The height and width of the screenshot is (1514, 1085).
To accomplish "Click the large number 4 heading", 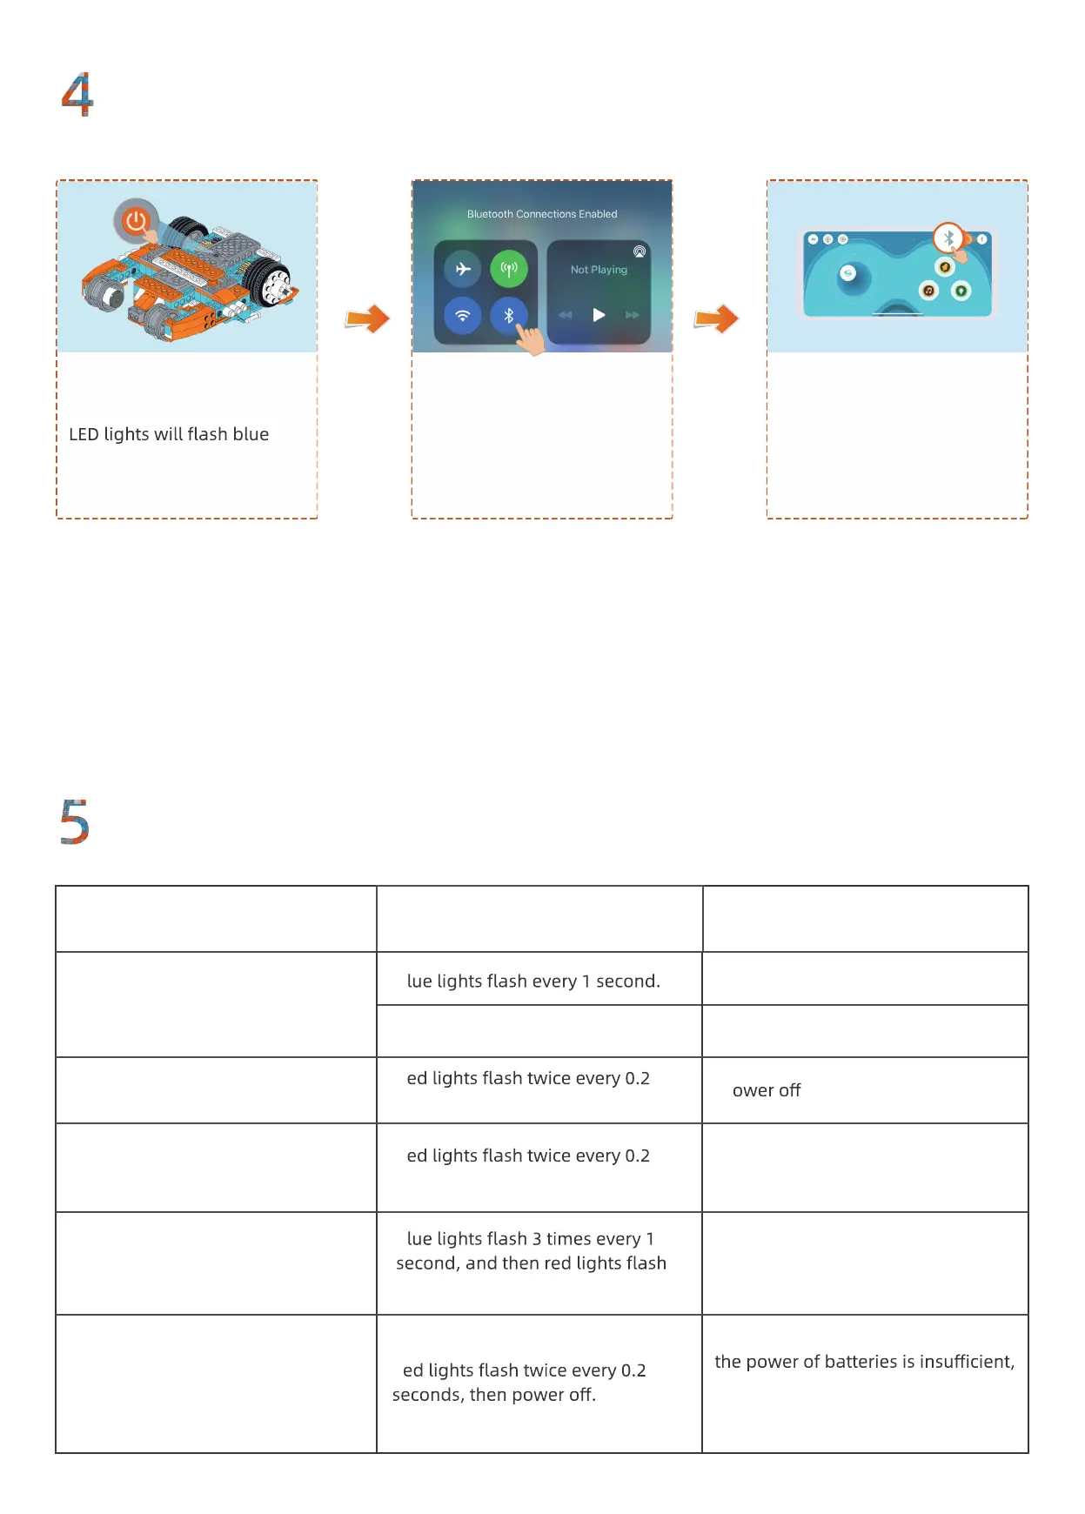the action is [x=77, y=94].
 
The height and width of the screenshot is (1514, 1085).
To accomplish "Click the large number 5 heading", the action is [x=75, y=822].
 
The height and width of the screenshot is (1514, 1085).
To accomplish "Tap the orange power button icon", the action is [x=135, y=221].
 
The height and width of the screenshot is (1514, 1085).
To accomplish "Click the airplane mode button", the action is [x=463, y=269].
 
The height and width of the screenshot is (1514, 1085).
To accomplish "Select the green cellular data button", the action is [x=509, y=269].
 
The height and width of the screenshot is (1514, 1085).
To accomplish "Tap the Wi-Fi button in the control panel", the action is [x=463, y=315].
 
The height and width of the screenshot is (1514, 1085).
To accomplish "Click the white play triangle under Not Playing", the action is [x=599, y=315].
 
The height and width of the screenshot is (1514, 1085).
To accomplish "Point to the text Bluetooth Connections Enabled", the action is [x=542, y=214].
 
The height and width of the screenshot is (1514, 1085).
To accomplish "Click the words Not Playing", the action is [x=599, y=270].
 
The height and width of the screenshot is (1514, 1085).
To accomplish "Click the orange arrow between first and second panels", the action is [x=367, y=318].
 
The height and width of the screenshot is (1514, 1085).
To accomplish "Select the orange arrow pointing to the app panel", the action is [x=716, y=318].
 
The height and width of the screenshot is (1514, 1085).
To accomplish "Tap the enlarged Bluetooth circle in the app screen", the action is [x=948, y=238].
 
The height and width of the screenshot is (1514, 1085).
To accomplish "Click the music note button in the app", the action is [x=928, y=291].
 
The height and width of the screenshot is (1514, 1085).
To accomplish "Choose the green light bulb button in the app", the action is [x=961, y=291].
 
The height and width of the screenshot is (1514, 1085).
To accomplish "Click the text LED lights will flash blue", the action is [x=169, y=434].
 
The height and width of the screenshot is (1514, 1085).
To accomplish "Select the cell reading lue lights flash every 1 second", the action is [x=533, y=981].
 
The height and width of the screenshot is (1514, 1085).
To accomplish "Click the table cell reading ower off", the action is [x=766, y=1091].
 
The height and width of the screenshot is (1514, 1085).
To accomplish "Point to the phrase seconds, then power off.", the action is [x=494, y=1395].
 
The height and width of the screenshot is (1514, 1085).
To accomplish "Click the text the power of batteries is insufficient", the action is [x=864, y=1362].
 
